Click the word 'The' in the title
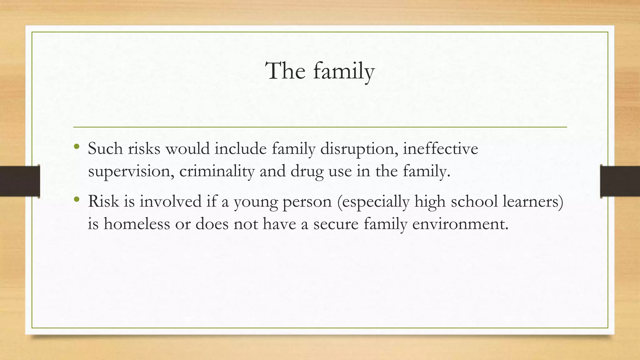coord(285,71)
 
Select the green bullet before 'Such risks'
coord(77,146)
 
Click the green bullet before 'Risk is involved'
coord(77,199)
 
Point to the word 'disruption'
coord(359,149)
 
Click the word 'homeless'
coord(137,224)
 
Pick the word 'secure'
coord(336,224)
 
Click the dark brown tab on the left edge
coord(20,181)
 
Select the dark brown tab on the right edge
coord(620,181)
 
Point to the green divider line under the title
coord(320,127)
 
